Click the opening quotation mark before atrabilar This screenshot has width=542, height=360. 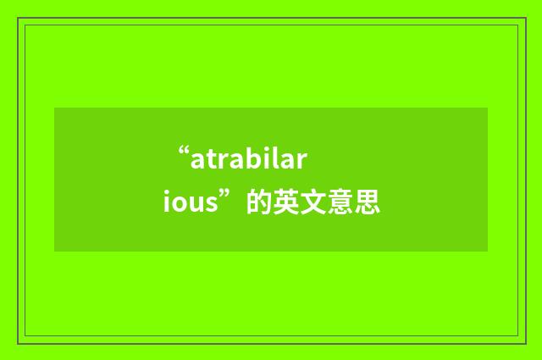pos(182,154)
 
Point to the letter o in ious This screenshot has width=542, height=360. pos(181,204)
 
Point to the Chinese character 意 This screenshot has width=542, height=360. pos(340,202)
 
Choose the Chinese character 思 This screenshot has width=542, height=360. pos(367,202)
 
